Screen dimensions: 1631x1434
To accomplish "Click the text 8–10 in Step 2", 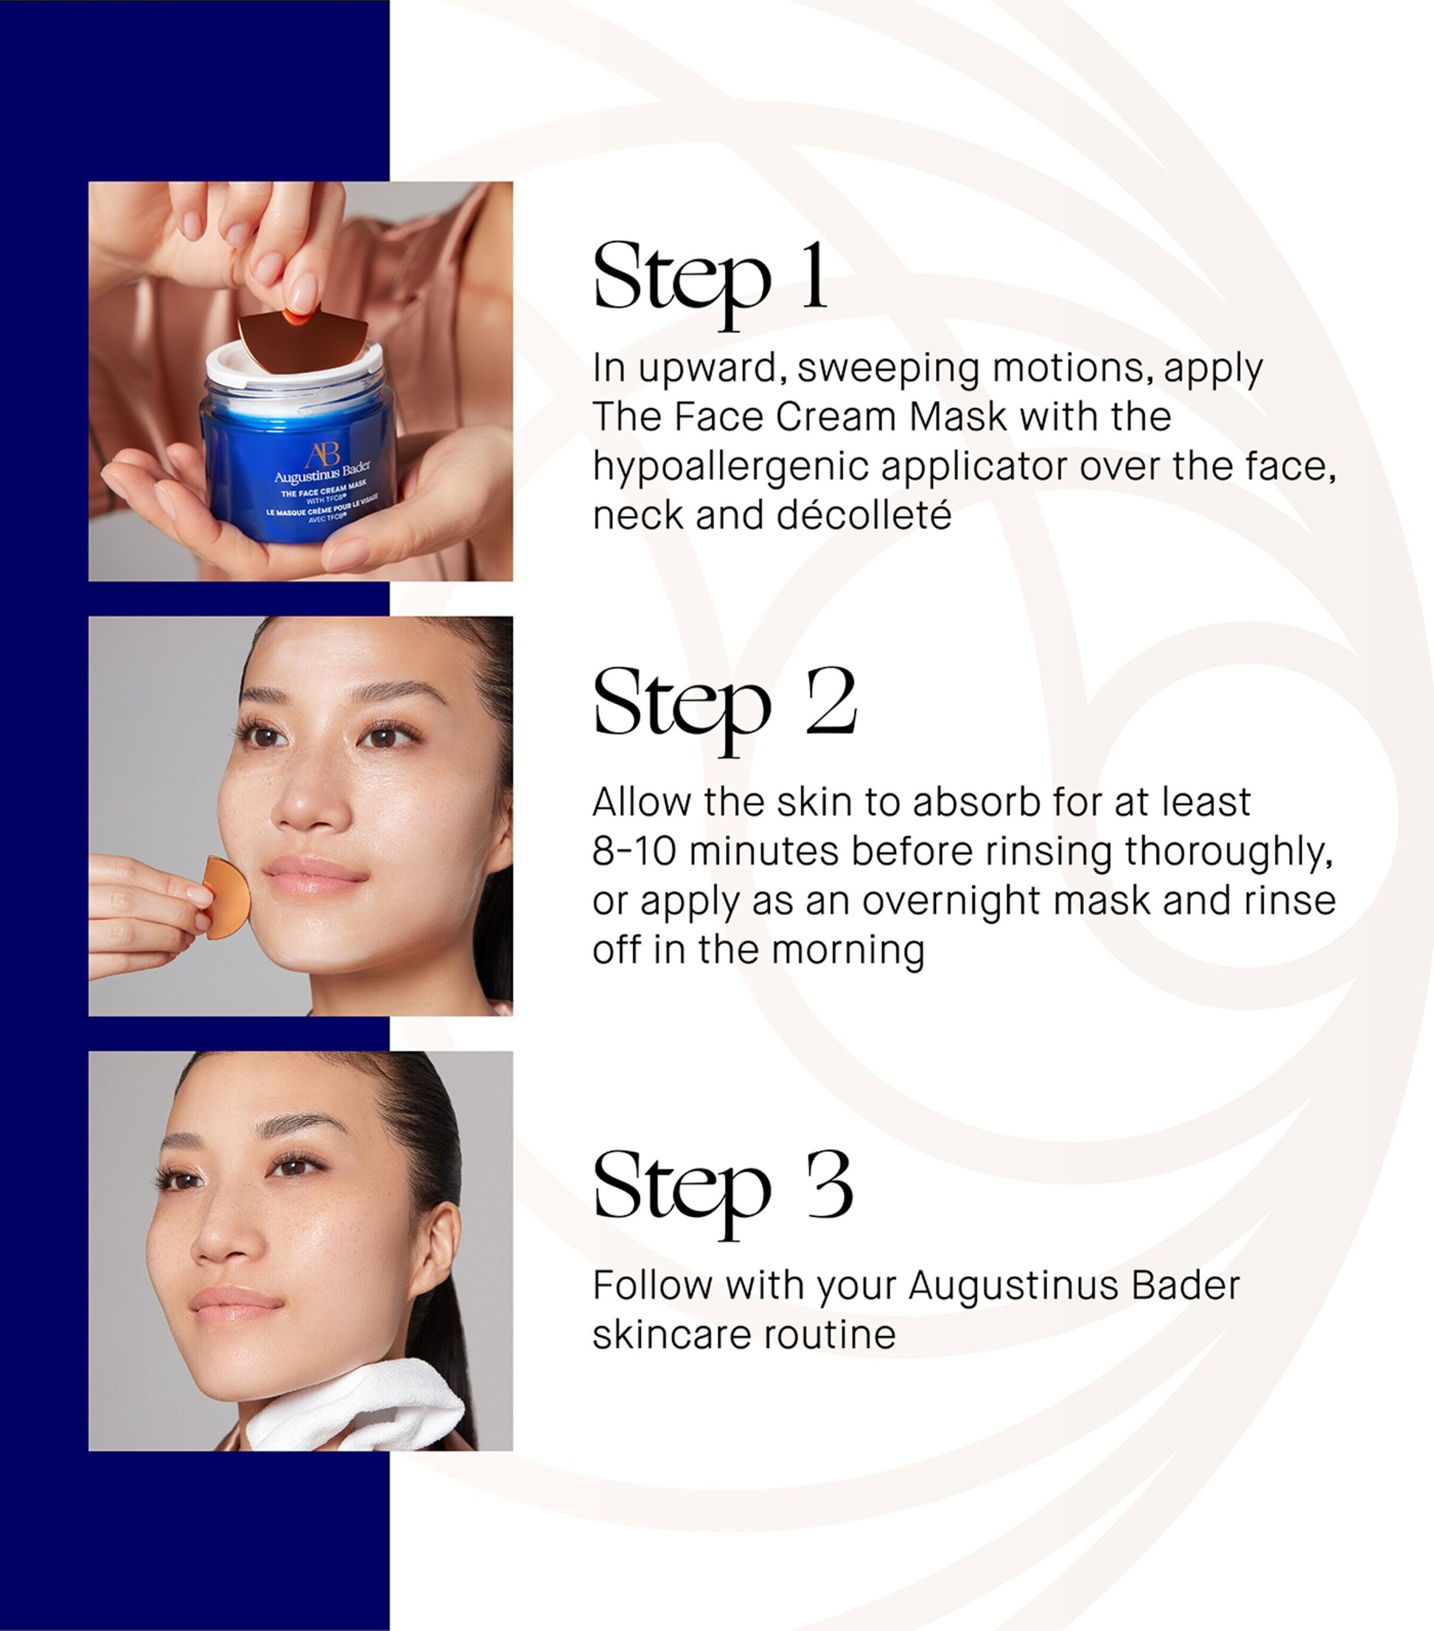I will point(634,851).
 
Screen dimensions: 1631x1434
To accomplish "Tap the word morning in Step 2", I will point(848,949).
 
